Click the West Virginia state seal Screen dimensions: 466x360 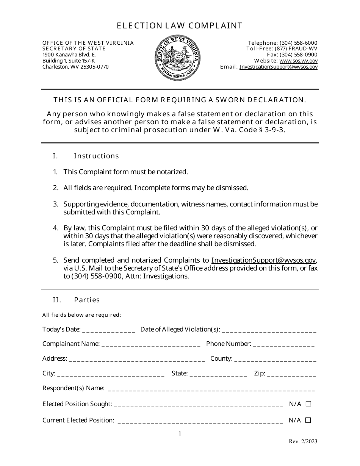177,57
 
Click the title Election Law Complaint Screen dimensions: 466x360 180,25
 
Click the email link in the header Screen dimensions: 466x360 279,67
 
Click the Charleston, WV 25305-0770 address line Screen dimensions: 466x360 75,67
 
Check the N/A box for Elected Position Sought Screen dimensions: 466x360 308,404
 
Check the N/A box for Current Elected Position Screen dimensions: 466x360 308,420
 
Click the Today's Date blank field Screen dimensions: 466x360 108,330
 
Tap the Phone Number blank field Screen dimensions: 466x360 284,344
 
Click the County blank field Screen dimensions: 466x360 275,359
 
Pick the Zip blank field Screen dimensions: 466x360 291,374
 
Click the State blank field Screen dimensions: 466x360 218,374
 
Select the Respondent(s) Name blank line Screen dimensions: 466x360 211,389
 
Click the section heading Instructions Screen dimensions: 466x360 96,156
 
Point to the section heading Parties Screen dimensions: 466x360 87,300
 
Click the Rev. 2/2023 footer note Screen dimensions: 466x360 303,441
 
